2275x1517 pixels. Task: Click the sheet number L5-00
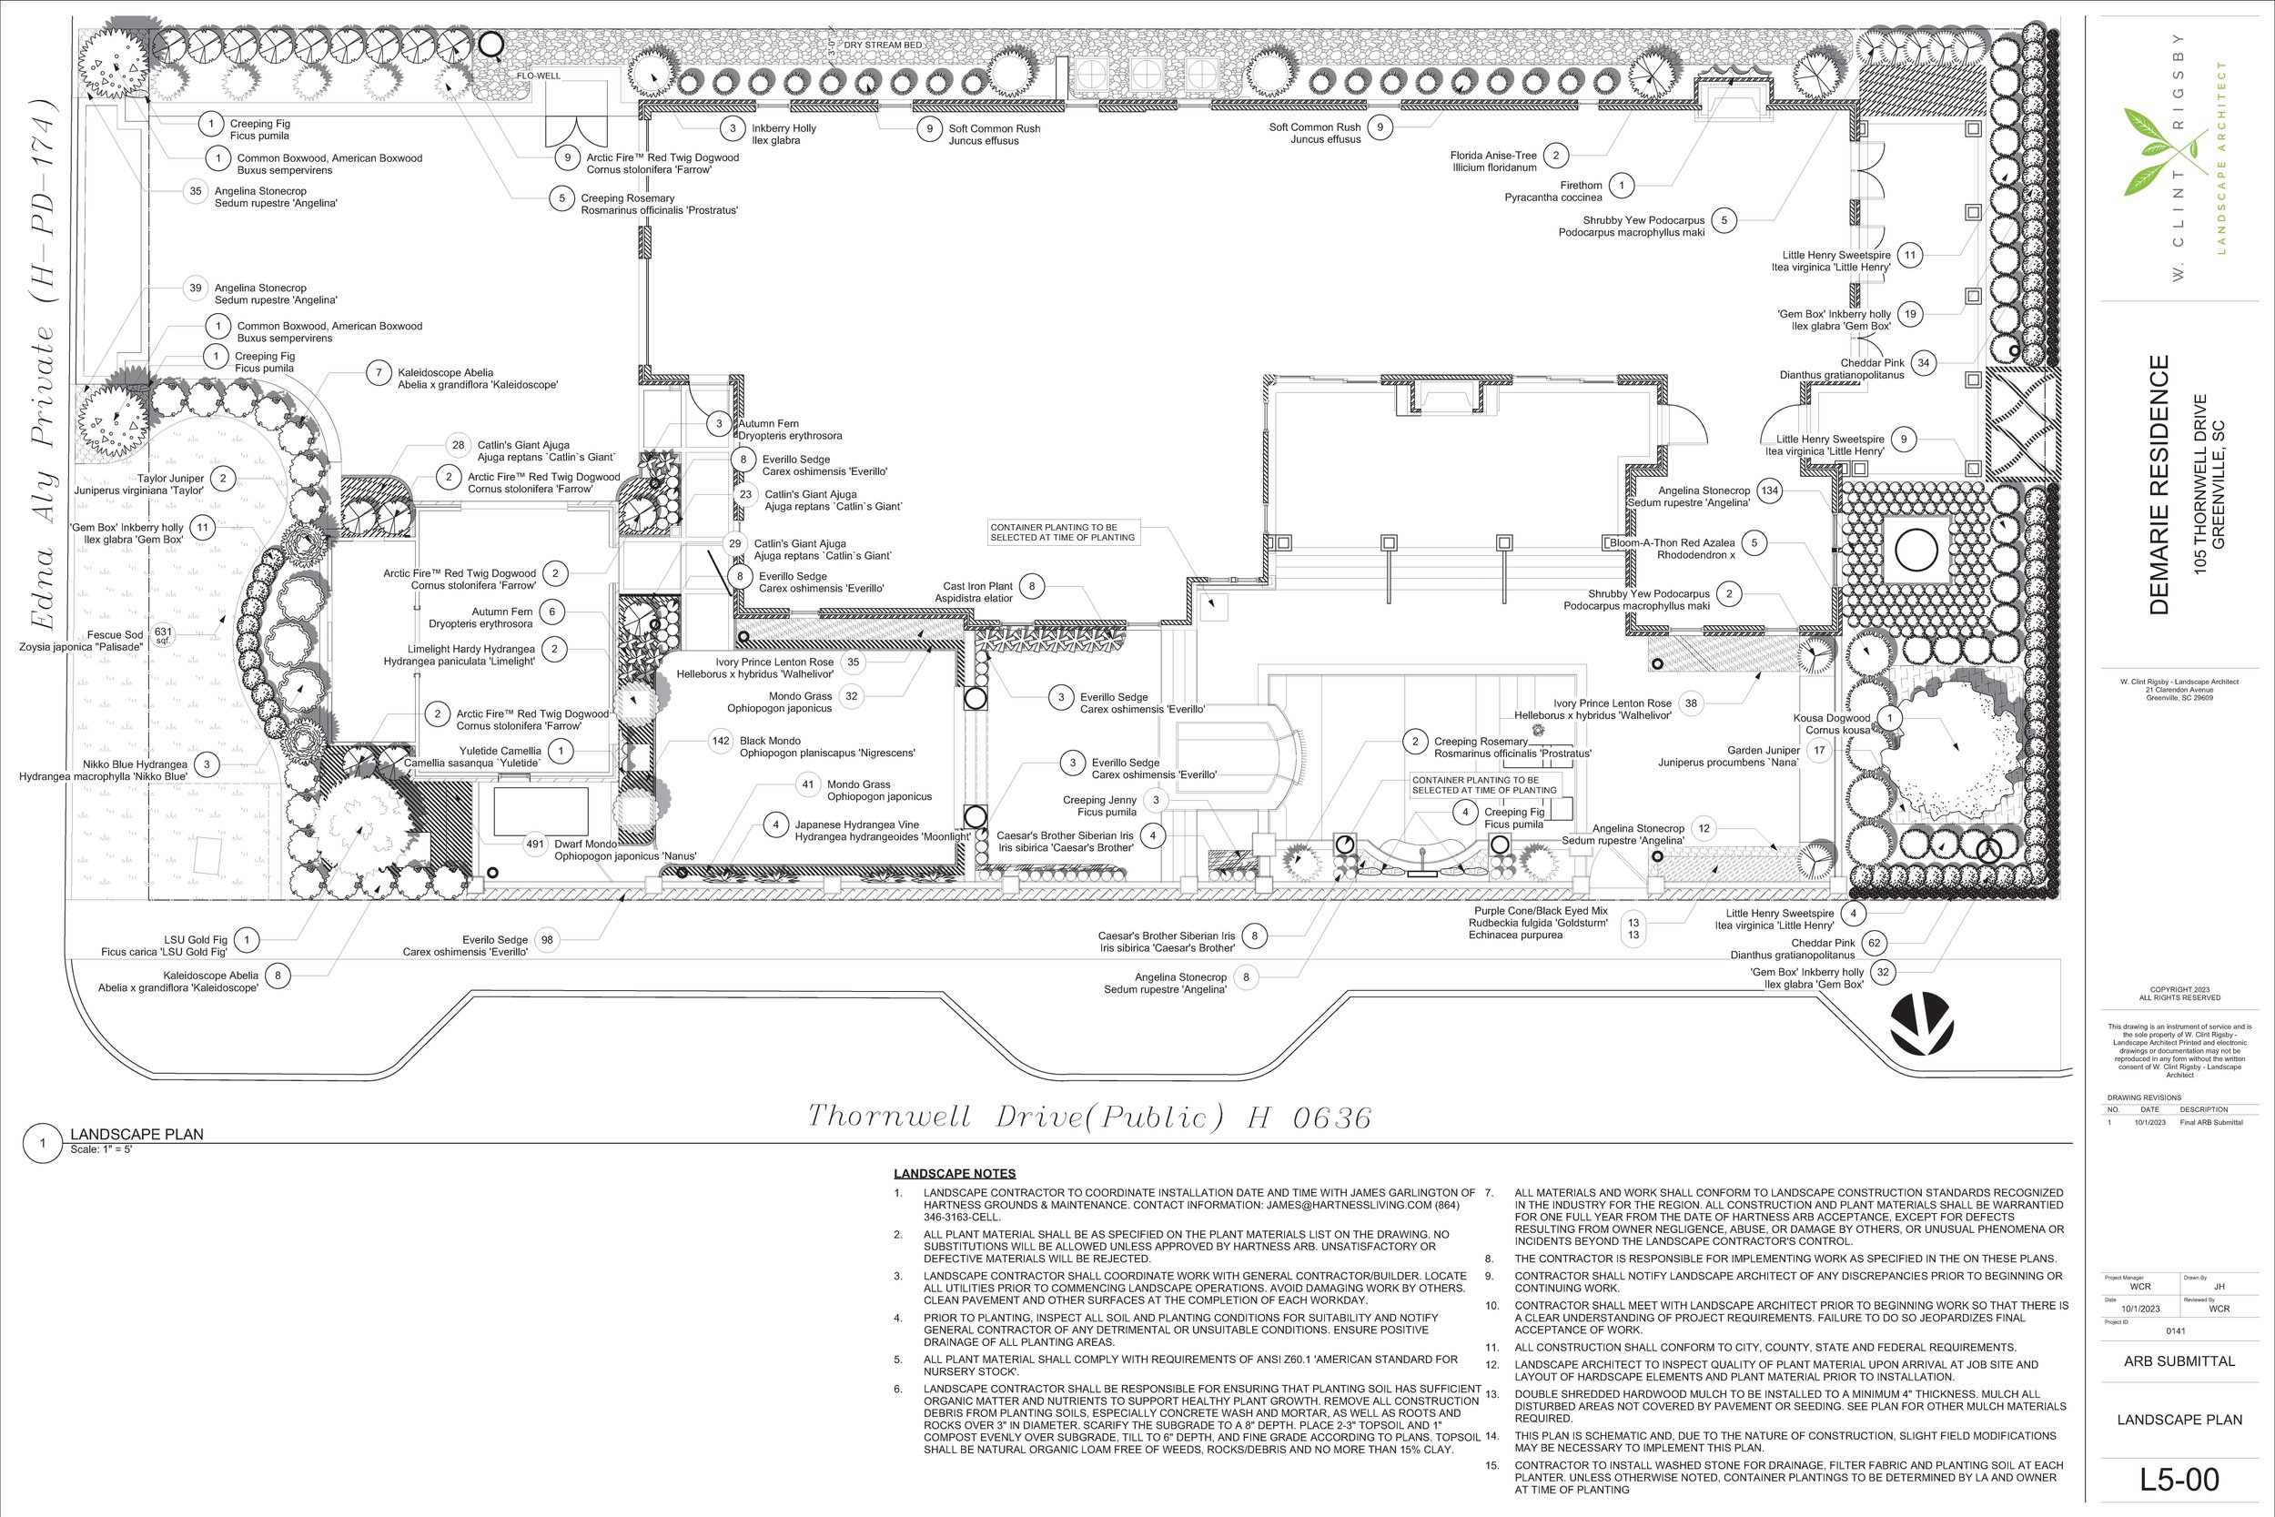point(2179,1481)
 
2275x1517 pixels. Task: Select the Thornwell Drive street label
point(1089,1118)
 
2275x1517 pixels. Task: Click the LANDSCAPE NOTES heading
point(954,1174)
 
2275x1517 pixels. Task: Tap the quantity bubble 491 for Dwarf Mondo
point(535,844)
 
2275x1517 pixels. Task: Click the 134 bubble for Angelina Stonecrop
point(1769,490)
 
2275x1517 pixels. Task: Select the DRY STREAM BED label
point(882,46)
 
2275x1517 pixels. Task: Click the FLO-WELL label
point(538,76)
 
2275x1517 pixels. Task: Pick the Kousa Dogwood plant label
point(1832,723)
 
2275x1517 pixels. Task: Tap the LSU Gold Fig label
point(165,946)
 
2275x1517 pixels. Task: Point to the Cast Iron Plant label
point(977,592)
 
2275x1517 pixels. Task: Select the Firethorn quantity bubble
point(1621,185)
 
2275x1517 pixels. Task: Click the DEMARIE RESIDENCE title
point(2159,485)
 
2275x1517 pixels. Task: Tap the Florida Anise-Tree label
point(1493,160)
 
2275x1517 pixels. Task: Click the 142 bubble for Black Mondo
point(721,741)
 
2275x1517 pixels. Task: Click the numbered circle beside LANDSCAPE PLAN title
point(43,1143)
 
